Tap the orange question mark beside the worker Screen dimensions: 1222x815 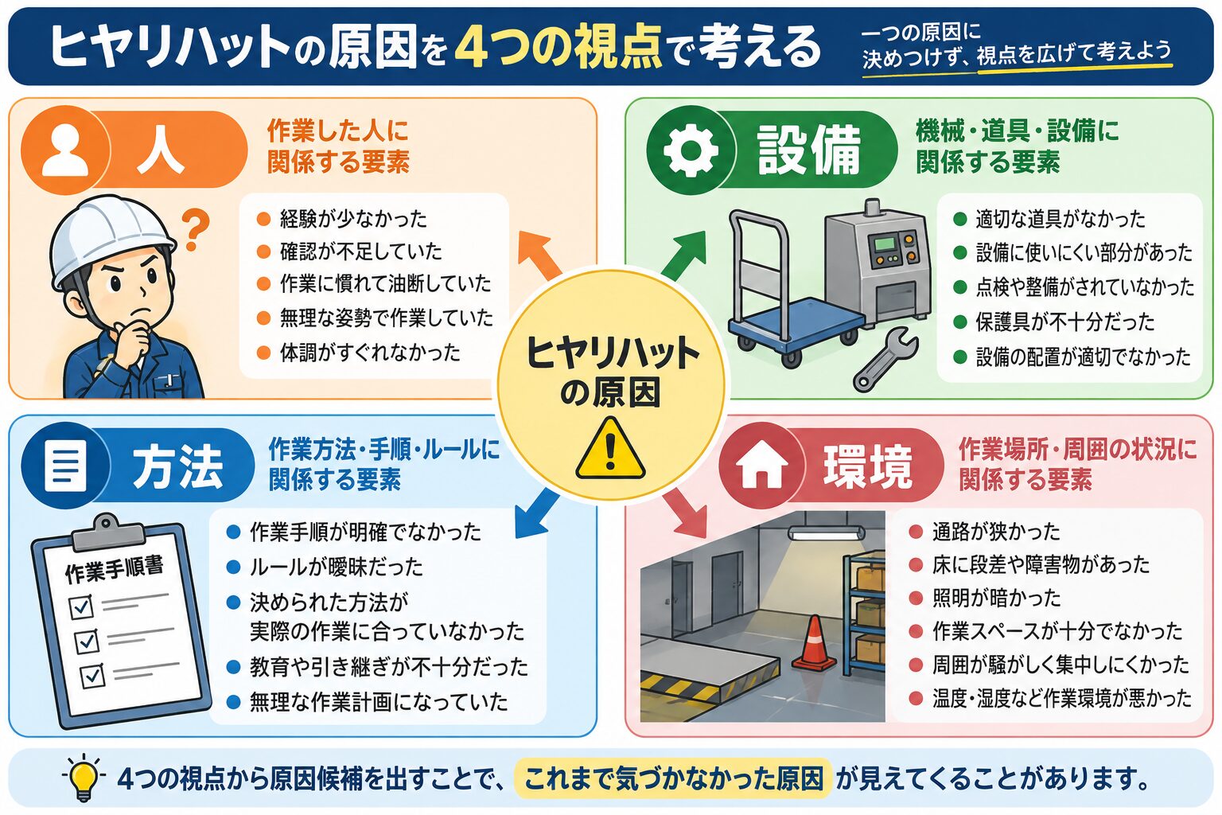[x=195, y=230]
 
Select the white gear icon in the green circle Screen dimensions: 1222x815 [x=691, y=150]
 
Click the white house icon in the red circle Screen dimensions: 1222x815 [x=761, y=465]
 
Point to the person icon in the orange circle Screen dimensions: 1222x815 [x=65, y=150]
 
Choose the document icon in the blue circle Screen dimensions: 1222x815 [x=65, y=466]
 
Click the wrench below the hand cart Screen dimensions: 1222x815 [x=885, y=359]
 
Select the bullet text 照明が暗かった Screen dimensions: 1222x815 [x=996, y=598]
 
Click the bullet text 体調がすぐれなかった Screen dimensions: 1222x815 [x=370, y=353]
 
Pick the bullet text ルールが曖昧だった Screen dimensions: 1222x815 [x=336, y=567]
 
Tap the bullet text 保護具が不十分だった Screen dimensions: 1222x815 [x=1065, y=322]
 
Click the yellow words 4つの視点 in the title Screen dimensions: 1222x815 [x=558, y=47]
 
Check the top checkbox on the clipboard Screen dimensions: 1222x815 [x=82, y=606]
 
